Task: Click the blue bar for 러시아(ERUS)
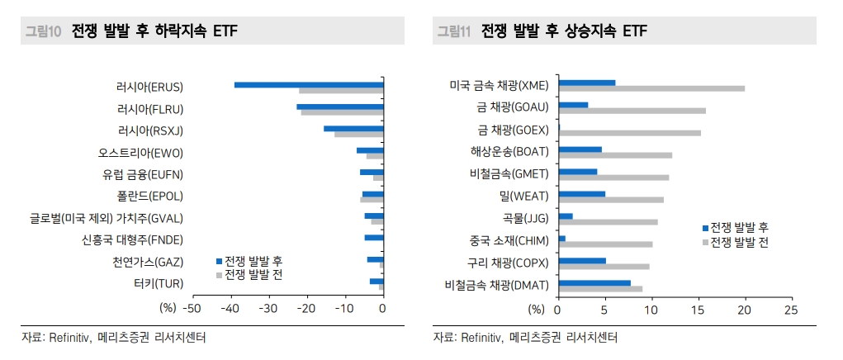tap(309, 84)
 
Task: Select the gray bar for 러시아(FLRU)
tap(342, 112)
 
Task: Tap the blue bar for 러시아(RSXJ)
tap(353, 128)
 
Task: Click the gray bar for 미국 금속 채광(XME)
tap(651, 88)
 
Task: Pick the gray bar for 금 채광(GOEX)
tap(629, 132)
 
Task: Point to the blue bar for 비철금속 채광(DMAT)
tap(594, 283)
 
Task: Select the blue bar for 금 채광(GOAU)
tap(573, 105)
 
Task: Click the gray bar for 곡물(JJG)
tap(608, 221)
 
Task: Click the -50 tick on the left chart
tap(191, 309)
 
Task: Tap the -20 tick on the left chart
tap(306, 309)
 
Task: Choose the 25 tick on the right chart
tap(791, 310)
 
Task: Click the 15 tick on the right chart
tap(699, 310)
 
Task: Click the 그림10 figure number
tap(43, 31)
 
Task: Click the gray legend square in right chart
tap(705, 242)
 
